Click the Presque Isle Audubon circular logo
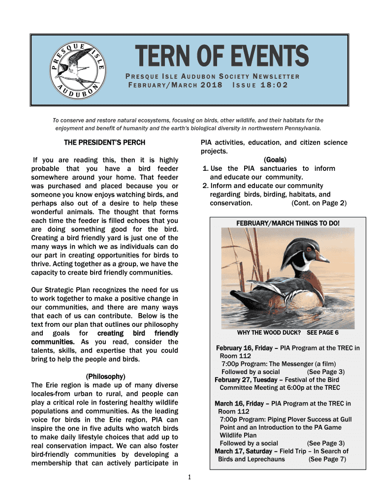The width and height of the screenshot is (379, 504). point(78,69)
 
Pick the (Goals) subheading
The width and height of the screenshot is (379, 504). point(275,160)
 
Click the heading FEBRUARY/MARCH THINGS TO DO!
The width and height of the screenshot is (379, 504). point(287,223)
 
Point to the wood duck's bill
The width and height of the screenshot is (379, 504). point(322,257)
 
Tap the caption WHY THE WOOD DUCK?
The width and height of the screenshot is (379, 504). point(269,333)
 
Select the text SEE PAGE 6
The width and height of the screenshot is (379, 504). point(322,333)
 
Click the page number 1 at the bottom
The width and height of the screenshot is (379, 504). point(189,477)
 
